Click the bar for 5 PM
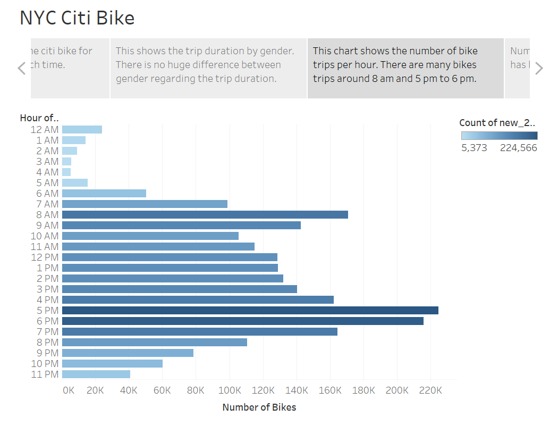click(x=250, y=310)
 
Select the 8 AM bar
click(x=205, y=214)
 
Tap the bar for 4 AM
click(x=66, y=172)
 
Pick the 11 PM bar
click(x=96, y=374)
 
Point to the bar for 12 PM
click(x=170, y=257)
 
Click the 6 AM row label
click(x=47, y=193)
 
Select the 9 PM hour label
click(x=47, y=353)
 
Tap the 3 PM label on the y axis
click(x=47, y=289)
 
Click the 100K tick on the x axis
click(x=229, y=390)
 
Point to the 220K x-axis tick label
click(x=430, y=390)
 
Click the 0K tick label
click(x=69, y=390)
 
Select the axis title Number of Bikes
click(x=259, y=407)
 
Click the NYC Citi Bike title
click(x=77, y=18)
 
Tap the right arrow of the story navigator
click(x=539, y=68)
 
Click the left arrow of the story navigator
click(x=22, y=68)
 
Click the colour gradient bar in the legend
click(x=499, y=135)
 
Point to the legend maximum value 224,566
click(x=518, y=148)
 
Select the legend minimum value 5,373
click(x=474, y=148)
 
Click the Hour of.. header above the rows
click(x=39, y=118)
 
